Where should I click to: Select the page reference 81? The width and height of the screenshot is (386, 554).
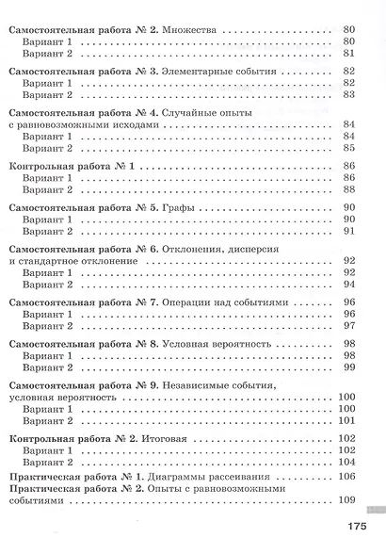(x=347, y=55)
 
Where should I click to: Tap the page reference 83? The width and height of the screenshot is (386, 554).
(x=347, y=94)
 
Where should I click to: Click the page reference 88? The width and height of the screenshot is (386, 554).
(x=347, y=189)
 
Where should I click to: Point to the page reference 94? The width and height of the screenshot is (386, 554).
(x=347, y=284)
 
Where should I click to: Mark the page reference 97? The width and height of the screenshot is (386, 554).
(x=347, y=325)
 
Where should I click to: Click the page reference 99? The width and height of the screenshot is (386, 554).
(x=347, y=367)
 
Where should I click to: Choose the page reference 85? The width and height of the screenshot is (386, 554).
(x=347, y=148)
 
